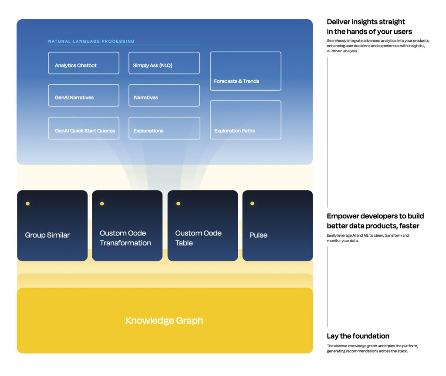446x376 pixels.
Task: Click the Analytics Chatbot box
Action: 84,63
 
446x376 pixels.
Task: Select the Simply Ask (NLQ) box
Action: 164,63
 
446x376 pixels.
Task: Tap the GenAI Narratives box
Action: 84,95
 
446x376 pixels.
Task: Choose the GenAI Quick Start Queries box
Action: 84,128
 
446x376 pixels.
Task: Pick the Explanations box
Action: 164,128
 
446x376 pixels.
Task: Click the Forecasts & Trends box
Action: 246,71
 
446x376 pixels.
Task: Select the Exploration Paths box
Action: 246,120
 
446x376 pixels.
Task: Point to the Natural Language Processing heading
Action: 91,41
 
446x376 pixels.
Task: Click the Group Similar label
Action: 47,235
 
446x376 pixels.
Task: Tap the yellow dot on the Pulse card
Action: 252,203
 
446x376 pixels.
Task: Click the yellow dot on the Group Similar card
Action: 27,203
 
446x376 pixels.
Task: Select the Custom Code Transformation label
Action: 125,238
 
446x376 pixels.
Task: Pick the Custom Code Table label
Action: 198,238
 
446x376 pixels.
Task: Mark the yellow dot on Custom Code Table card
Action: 178,203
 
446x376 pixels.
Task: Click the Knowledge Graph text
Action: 164,321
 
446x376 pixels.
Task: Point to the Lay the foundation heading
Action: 358,336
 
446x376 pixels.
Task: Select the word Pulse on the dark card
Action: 259,235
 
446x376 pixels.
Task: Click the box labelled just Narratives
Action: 164,95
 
